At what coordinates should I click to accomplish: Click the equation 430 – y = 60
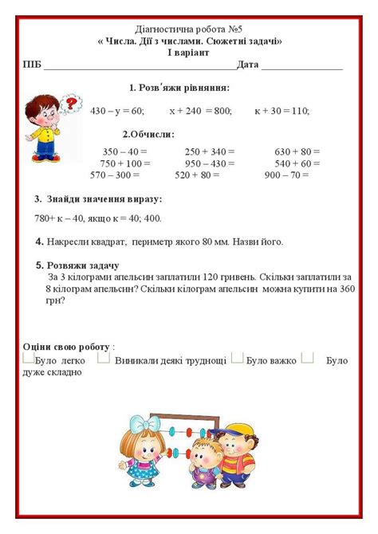117,111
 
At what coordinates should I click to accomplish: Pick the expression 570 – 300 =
115,175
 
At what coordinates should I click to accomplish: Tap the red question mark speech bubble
72,103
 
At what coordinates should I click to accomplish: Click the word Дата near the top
248,65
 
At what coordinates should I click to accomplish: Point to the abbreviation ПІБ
33,65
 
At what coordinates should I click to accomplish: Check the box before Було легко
29,359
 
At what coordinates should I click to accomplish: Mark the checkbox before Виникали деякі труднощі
104,359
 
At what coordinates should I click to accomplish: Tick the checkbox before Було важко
237,359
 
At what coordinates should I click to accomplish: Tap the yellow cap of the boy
236,432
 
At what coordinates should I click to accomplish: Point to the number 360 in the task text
345,290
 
